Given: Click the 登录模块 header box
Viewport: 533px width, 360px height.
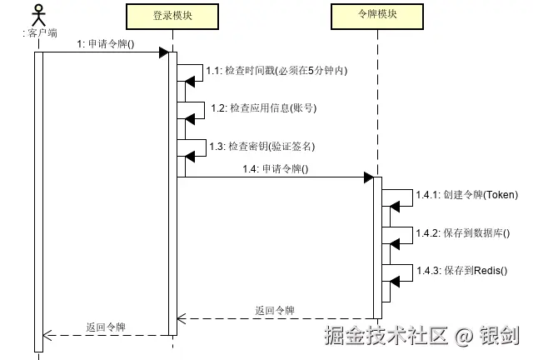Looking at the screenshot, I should coord(173,16).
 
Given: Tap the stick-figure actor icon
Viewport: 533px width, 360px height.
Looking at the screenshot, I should coord(37,15).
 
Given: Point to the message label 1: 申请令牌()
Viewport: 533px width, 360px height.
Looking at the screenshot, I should coord(106,44).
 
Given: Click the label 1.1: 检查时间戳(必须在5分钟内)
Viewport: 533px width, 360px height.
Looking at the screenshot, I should coord(276,71).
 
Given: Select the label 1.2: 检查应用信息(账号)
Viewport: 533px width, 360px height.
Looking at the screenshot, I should coord(263,108).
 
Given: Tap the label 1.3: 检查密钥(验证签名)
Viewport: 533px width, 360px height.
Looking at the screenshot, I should coord(262,146).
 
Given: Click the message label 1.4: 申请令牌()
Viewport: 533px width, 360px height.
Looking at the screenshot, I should coord(275,168).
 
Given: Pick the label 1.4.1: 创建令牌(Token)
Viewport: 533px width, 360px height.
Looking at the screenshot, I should coord(466,195).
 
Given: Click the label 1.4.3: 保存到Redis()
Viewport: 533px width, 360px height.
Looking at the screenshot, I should coord(461,270).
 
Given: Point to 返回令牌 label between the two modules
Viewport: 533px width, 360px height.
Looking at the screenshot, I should coord(275,310).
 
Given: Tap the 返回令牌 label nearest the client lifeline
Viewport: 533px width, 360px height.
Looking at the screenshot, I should coord(106,327).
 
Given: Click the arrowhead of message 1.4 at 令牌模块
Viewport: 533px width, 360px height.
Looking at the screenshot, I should coord(368,177).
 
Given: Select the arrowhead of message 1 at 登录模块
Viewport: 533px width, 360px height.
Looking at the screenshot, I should coord(164,52).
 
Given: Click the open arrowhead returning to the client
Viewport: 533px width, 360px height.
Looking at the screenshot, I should coord(48,335).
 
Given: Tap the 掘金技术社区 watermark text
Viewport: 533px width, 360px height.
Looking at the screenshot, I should coord(386,336).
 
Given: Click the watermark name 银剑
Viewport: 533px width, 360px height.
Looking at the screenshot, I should coord(500,336).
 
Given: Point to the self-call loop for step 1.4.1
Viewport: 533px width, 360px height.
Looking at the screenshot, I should coord(398,197).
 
